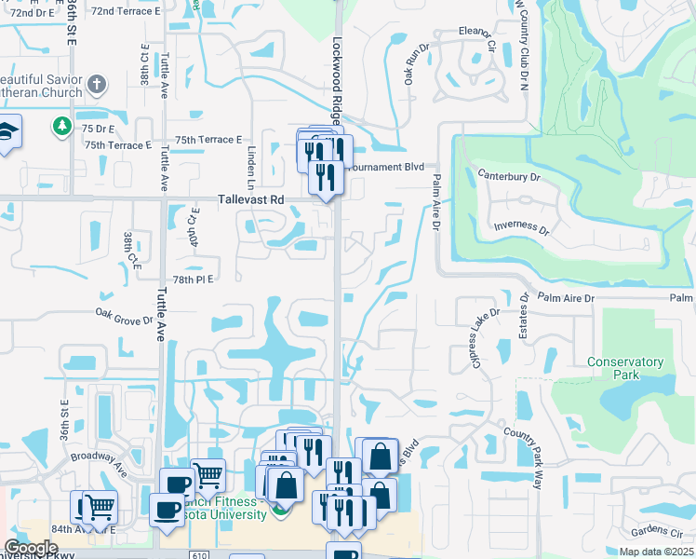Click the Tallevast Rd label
click(250, 199)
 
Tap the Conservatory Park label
click(625, 368)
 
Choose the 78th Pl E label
click(193, 279)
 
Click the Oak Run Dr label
click(413, 61)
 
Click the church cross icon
click(96, 87)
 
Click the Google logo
click(31, 548)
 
